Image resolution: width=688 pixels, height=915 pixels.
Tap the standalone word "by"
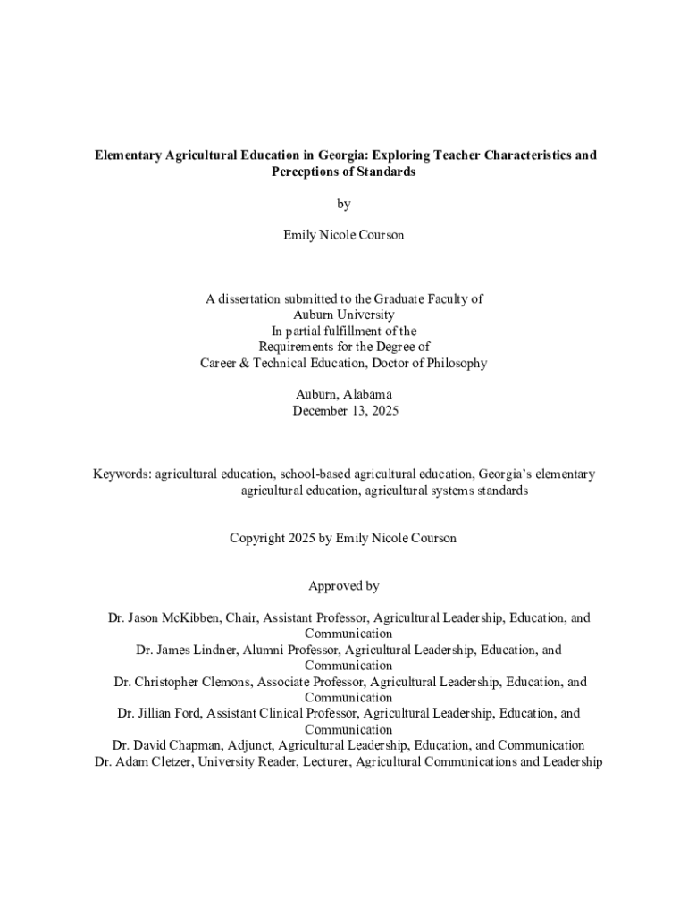[x=344, y=204]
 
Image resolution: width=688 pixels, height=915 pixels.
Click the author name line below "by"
[x=344, y=235]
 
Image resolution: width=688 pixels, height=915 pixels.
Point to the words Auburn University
[x=344, y=315]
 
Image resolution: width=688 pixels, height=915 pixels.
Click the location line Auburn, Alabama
[x=344, y=394]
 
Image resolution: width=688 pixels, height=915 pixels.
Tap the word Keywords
[x=122, y=474]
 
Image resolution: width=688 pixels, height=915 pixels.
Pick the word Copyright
[x=257, y=538]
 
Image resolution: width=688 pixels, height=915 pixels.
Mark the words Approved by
[x=344, y=586]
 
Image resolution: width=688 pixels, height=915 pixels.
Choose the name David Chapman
[x=177, y=745]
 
